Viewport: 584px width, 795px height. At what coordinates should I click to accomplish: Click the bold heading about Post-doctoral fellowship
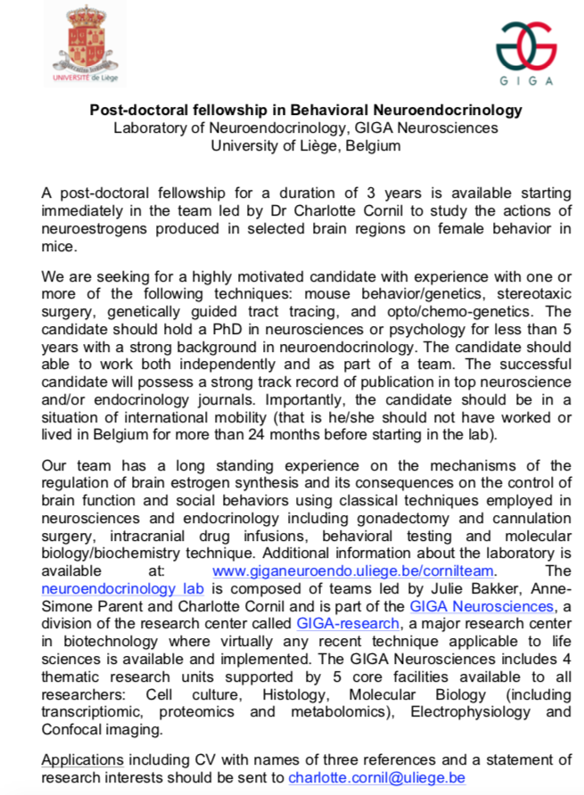point(306,111)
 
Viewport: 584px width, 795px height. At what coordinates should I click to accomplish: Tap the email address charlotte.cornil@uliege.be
point(376,777)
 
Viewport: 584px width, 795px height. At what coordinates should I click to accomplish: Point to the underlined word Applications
point(83,759)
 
